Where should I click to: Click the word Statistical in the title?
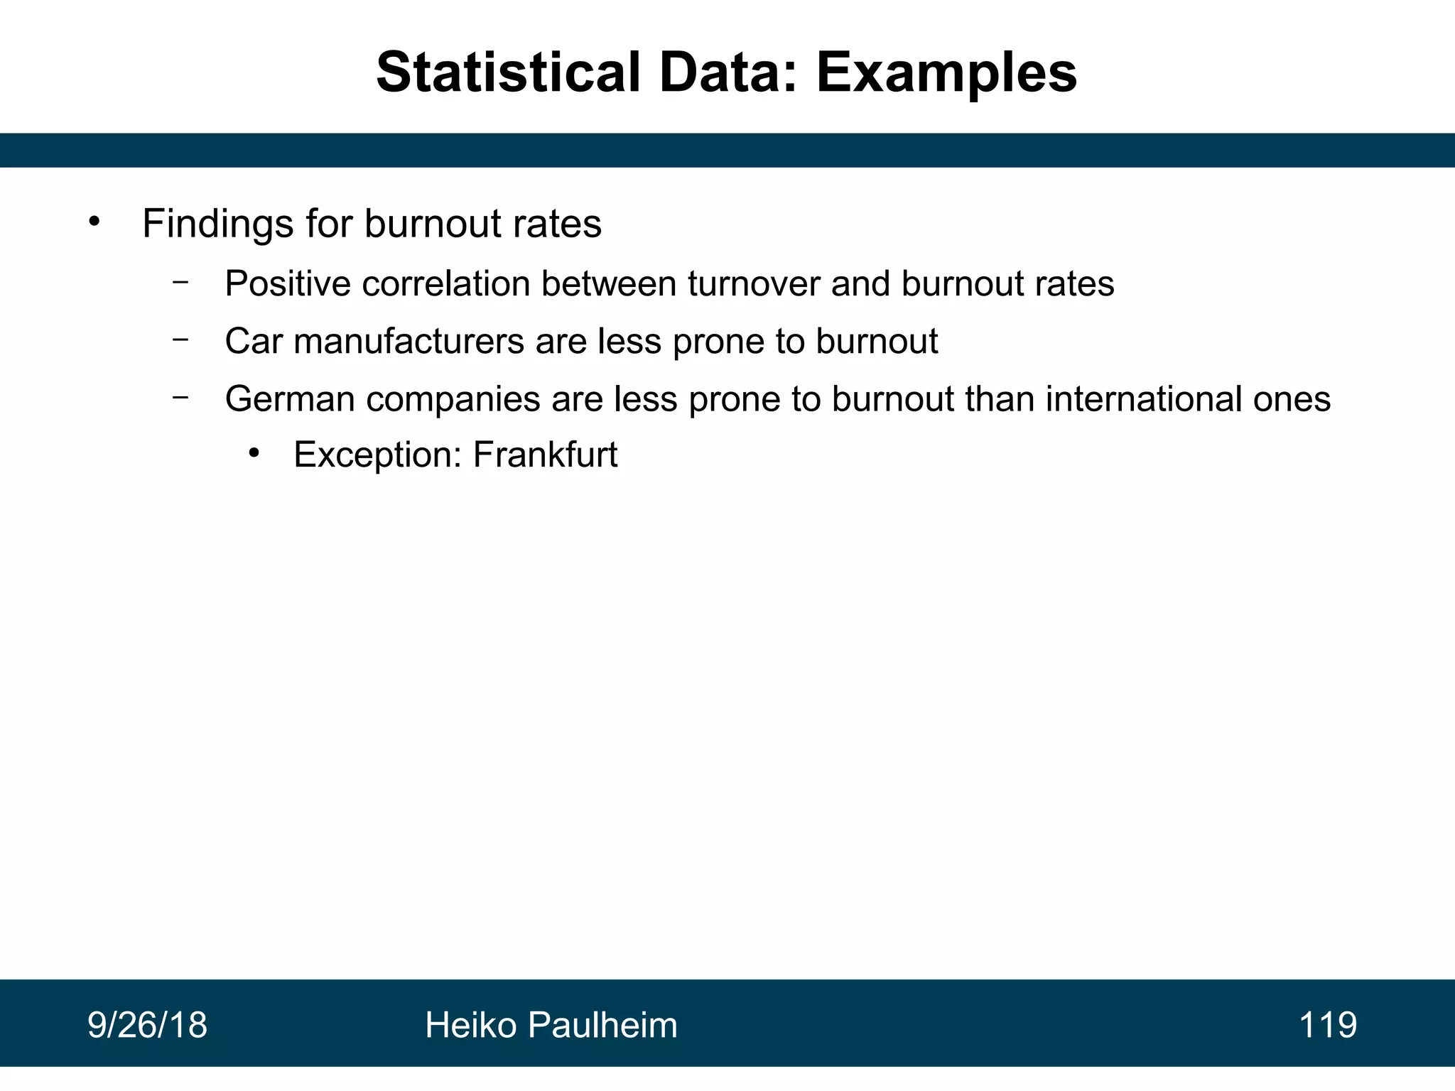(509, 73)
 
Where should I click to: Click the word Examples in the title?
(946, 73)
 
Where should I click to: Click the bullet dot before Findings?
(94, 222)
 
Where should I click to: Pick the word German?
(290, 399)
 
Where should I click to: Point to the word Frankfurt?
(545, 455)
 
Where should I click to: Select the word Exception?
(378, 455)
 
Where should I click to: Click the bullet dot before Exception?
(254, 452)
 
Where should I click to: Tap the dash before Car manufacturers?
(180, 340)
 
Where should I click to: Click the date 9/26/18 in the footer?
(147, 1026)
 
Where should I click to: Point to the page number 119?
(1327, 1026)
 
